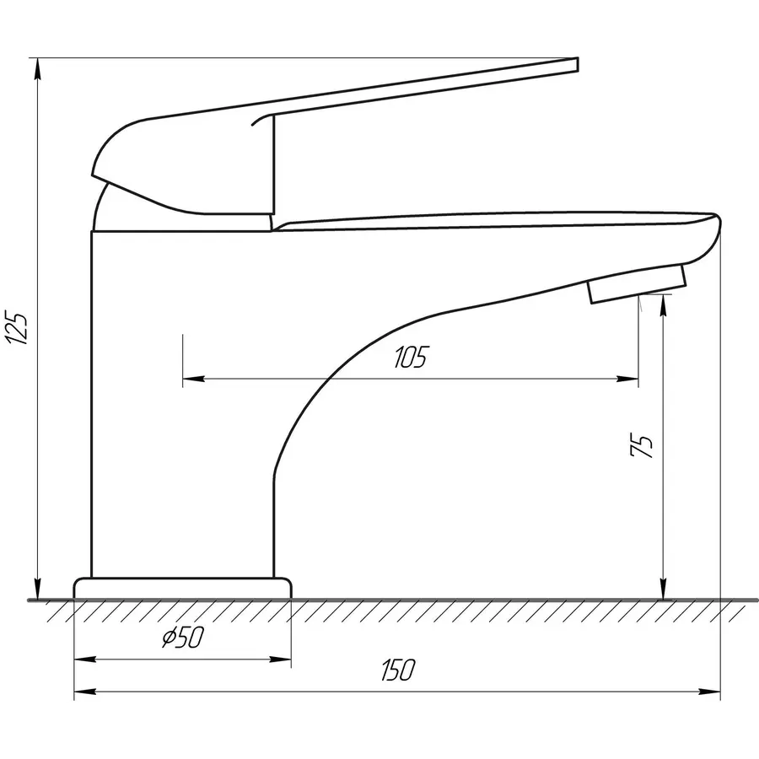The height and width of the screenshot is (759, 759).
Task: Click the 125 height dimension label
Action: pos(17,328)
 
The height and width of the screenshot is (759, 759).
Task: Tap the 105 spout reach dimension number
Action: pos(411,358)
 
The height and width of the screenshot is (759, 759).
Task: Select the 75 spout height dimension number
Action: pos(642,445)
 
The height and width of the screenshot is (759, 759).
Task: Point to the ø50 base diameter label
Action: pos(183,637)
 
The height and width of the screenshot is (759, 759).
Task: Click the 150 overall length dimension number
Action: pos(398,670)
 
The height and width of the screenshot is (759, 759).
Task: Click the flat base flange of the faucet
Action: pos(182,589)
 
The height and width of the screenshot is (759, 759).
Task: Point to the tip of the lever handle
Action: pos(577,64)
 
